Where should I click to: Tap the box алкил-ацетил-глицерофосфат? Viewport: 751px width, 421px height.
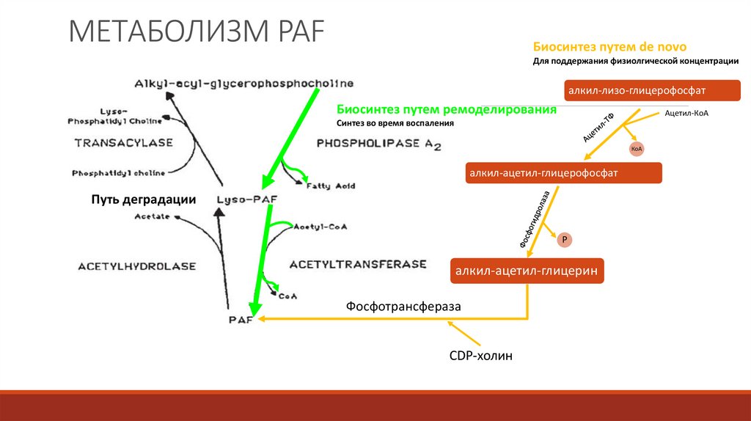pos(563,173)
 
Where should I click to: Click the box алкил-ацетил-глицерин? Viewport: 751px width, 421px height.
pos(527,271)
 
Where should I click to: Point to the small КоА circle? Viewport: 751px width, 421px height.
pos(636,149)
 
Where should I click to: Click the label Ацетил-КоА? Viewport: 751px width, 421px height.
pos(686,114)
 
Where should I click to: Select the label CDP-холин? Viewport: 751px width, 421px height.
pos(480,356)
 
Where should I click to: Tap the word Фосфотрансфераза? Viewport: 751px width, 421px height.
pos(404,307)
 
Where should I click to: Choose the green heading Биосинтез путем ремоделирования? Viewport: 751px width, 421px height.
pos(446,109)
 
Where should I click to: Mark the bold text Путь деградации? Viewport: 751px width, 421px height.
pos(144,199)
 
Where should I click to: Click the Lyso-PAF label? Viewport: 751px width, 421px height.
pos(243,199)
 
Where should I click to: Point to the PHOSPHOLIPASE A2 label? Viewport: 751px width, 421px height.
pos(378,144)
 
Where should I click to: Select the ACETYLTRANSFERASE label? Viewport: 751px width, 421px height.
pos(358,263)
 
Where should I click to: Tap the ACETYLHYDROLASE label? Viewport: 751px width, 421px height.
pos(137,266)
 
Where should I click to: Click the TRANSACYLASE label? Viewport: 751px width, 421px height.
pos(123,142)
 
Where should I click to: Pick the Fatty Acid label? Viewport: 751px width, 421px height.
pos(330,186)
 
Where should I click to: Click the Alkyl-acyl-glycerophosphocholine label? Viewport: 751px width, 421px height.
pos(244,83)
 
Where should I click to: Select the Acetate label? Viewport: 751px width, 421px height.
pos(152,216)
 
